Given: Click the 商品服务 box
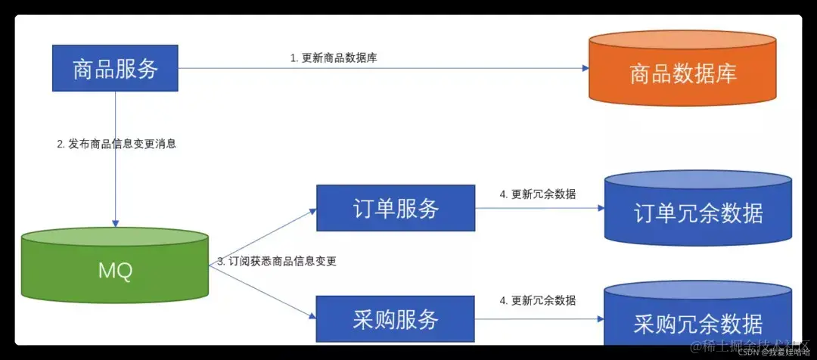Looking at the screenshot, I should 115,69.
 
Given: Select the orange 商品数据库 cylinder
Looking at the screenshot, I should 683,73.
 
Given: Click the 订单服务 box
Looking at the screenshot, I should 395,208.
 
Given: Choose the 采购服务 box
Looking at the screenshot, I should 395,319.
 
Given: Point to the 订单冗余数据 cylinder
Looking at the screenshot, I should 697,212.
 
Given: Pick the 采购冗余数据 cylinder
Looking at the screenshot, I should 697,321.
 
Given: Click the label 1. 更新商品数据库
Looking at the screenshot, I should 334,58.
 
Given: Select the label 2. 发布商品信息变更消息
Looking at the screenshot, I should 116,144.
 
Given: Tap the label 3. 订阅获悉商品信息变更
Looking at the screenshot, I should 277,261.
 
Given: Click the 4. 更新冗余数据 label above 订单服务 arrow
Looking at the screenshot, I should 537,194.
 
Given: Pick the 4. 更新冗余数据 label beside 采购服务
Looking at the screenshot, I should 537,300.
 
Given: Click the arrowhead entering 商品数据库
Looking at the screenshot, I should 585,68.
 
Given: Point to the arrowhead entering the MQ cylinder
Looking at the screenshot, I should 115,223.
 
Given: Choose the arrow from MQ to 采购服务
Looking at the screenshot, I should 265,292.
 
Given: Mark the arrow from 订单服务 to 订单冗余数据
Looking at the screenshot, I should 537,208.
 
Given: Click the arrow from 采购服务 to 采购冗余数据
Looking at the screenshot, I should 537,318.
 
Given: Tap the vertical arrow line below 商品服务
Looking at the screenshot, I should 115,174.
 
